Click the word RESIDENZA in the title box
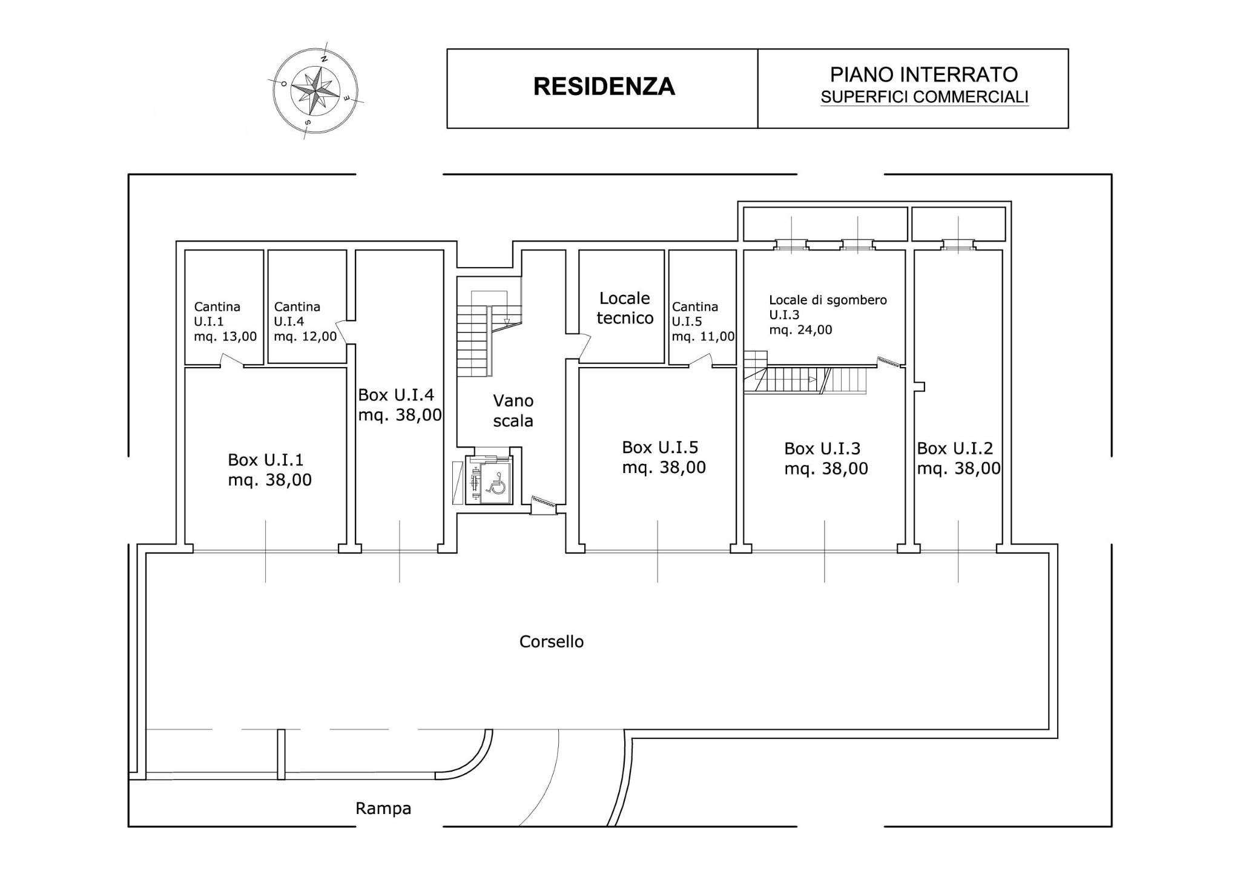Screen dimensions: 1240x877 (x=604, y=87)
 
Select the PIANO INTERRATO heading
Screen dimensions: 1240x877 (x=923, y=74)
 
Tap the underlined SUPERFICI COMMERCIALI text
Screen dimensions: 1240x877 (x=925, y=97)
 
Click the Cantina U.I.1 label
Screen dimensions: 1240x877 (x=225, y=322)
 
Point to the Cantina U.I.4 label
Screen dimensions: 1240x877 (x=305, y=322)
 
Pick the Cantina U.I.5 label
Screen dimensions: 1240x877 (x=703, y=322)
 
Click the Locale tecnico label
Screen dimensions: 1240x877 (x=625, y=308)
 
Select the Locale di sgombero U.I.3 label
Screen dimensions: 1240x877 (x=828, y=315)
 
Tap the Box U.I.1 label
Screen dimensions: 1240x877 (x=269, y=469)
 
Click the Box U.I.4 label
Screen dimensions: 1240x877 (x=400, y=405)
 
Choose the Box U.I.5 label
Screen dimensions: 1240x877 (x=664, y=457)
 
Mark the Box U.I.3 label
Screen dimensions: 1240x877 (x=826, y=458)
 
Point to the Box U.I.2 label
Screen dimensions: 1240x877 (x=958, y=458)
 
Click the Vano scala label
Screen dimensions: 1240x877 (x=513, y=411)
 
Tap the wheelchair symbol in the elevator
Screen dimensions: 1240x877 (x=497, y=484)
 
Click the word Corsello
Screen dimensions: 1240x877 (x=552, y=641)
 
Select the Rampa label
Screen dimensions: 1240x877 (x=383, y=809)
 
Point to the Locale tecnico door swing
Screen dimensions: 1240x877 (x=582, y=346)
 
